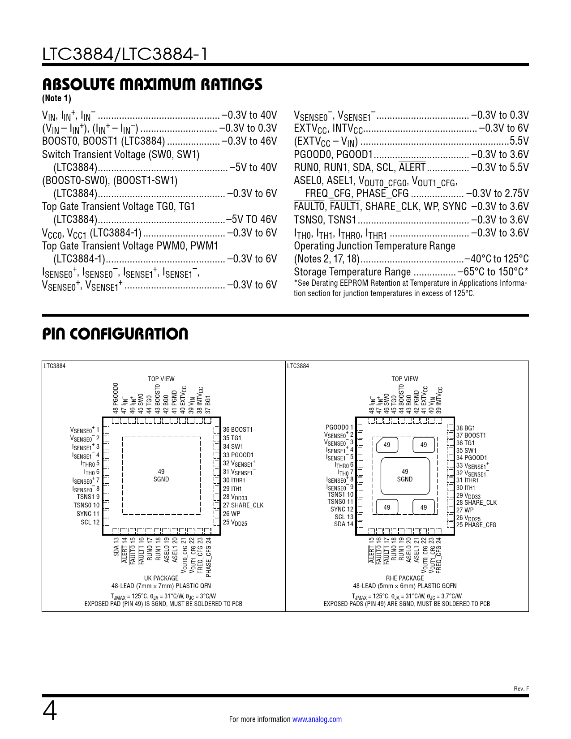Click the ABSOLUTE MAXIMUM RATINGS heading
coord(152,84)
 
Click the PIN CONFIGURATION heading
coord(115,334)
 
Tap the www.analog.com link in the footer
coord(317,719)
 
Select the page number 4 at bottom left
coord(50,711)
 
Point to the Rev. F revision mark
coord(521,689)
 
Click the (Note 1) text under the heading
coord(56,98)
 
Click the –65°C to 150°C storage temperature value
coord(493,272)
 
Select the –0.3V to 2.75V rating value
coord(497,193)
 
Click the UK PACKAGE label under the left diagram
coord(161,578)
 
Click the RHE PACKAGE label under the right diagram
coord(405,578)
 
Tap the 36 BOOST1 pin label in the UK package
coord(238,430)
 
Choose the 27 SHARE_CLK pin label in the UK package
coord(243,505)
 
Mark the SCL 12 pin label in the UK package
coord(90,522)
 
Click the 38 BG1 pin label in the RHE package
coord(466,428)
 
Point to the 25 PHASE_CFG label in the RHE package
coord(476,525)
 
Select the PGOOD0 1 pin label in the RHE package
coord(339,427)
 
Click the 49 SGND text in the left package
coord(161,476)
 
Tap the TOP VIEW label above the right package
coord(405,379)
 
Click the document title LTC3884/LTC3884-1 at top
coord(125,54)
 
